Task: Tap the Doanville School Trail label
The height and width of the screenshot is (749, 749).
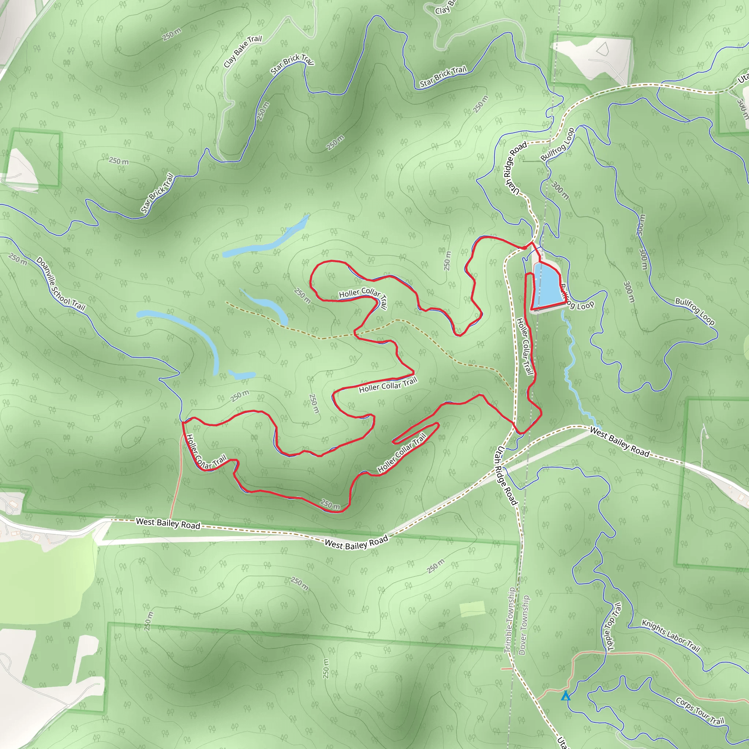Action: click(60, 284)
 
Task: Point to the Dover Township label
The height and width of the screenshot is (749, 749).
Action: click(523, 625)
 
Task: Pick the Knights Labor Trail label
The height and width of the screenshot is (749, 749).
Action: click(671, 636)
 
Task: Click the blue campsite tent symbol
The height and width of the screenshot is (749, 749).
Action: click(566, 696)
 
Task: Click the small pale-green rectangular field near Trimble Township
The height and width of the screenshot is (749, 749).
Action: click(472, 608)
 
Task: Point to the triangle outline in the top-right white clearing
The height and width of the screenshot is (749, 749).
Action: click(602, 49)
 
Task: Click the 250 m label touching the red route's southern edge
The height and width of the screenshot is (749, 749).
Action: click(330, 504)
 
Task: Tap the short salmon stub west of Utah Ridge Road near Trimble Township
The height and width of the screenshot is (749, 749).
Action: click(506, 669)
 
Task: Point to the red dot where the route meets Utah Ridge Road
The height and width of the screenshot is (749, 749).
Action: click(524, 247)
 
